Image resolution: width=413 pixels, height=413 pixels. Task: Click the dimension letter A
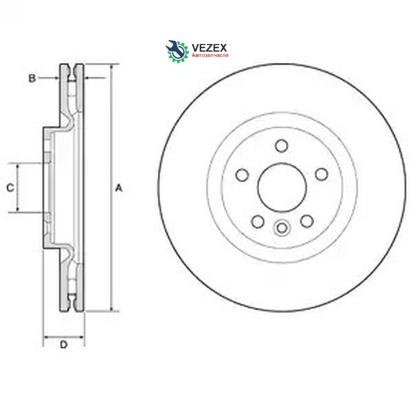(x=119, y=188)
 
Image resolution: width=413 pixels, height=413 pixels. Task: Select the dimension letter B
(x=32, y=78)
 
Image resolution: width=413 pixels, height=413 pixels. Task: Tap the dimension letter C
(x=10, y=188)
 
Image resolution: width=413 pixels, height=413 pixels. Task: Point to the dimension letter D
(x=64, y=345)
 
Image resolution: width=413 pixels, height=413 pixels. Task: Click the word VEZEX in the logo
(x=209, y=48)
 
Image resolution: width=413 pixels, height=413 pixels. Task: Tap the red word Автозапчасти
(x=210, y=56)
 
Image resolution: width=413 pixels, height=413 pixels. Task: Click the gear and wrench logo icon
(x=177, y=51)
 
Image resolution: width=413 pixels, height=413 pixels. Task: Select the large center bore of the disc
(x=282, y=187)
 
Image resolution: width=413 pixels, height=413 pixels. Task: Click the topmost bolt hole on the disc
(x=281, y=145)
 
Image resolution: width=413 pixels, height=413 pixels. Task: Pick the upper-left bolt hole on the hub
(x=242, y=175)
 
